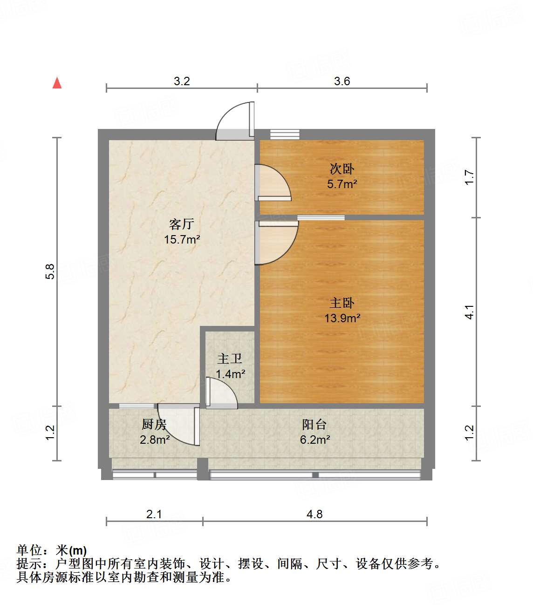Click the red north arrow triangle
(57, 83)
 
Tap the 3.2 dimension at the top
(182, 81)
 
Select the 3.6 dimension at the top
(342, 81)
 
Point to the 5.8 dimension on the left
(50, 271)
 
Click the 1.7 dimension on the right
(469, 177)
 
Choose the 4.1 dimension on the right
(469, 312)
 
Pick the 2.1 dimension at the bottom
(154, 514)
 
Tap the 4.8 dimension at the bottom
(314, 514)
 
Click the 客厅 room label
(182, 224)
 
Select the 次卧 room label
(342, 169)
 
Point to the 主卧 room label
(342, 303)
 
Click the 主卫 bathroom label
(230, 359)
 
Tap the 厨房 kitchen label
(154, 424)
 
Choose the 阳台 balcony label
(314, 424)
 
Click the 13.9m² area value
(342, 318)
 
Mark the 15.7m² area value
(182, 240)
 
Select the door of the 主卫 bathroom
(221, 393)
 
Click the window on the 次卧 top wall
(285, 134)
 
